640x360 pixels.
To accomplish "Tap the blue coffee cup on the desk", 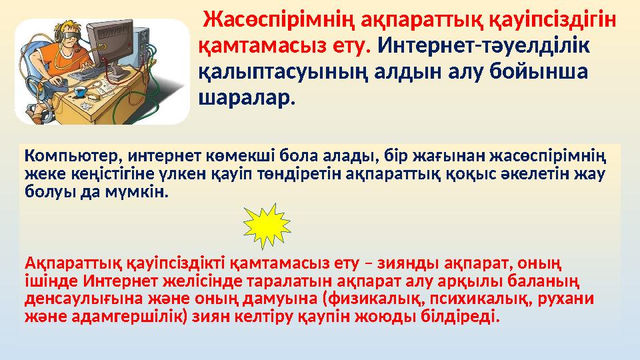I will (x=81, y=91).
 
